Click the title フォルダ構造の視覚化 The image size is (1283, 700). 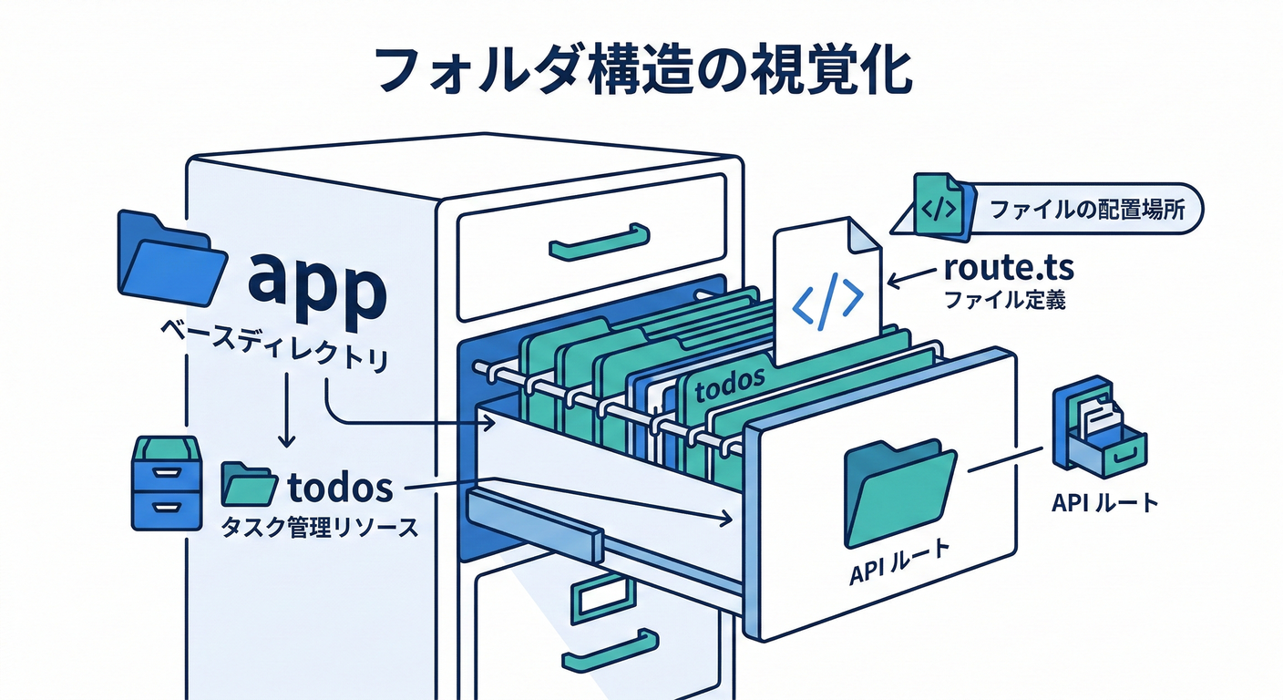point(641,71)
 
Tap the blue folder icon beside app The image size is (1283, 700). point(170,260)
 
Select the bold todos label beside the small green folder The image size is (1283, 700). point(340,489)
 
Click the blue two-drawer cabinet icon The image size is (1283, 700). point(167,482)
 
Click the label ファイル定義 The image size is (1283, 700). point(1004,300)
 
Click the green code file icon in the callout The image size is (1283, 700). point(939,207)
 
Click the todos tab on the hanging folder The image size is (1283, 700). point(728,386)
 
